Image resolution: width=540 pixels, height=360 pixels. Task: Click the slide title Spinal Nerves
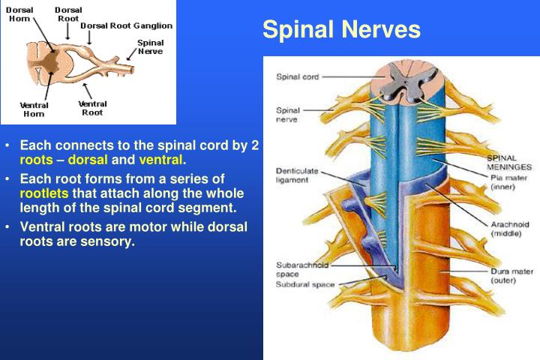coord(341,30)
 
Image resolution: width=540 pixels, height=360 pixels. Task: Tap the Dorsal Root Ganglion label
coord(126,25)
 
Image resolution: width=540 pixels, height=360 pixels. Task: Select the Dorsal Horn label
coord(19,14)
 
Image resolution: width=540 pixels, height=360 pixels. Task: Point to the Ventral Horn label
coord(34,109)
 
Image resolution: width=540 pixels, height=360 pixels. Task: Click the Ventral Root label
coord(92,108)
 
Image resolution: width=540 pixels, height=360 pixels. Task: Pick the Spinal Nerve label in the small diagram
coord(150,47)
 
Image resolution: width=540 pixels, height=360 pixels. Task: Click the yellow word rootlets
coord(44,193)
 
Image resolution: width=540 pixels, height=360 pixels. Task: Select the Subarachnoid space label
coord(302,269)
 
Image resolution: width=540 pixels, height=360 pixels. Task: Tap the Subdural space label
coord(305,285)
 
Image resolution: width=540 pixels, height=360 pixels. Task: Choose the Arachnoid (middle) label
coord(511,229)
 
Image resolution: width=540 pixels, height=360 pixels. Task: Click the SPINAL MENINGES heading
coord(510,163)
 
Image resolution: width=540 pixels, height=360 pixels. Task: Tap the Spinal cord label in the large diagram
coord(298,76)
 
